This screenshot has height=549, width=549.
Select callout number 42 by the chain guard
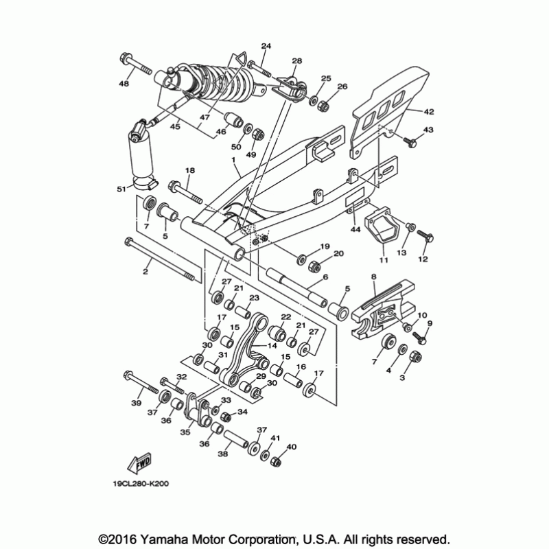428,110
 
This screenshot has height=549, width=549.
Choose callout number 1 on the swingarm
233,159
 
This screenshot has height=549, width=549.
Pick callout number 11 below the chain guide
383,260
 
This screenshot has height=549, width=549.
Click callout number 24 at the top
266,46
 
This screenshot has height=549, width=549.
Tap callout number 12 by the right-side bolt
423,259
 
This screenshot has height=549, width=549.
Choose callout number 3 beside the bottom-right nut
403,377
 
